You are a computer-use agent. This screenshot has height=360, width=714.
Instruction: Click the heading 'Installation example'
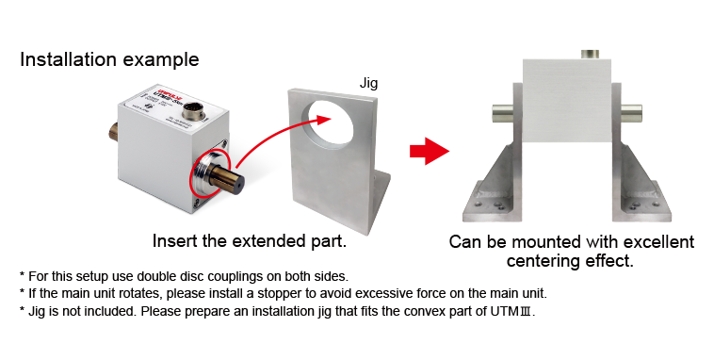pos(109,59)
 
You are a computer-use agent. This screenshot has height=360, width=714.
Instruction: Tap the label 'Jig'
pos(368,84)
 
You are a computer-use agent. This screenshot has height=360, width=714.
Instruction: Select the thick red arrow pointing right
pos(430,151)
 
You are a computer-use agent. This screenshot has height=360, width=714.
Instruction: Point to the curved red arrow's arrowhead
pos(323,121)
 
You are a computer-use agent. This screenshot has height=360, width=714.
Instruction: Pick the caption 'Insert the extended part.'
pos(250,241)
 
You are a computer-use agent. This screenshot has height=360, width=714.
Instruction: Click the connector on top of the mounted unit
pos(590,55)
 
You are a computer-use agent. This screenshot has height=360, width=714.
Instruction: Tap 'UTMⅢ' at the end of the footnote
pos(511,312)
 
